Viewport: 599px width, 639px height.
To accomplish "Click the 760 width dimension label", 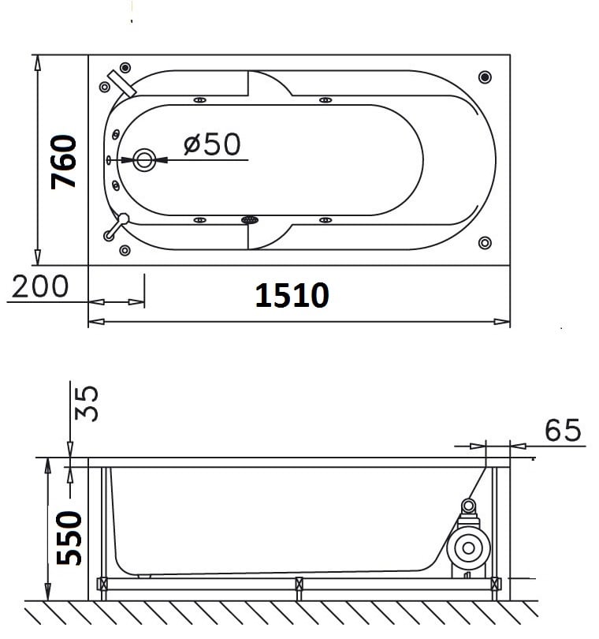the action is tap(63, 162).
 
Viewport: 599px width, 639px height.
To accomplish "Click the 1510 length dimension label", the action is tap(292, 295).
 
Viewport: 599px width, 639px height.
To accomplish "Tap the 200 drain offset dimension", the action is tap(40, 286).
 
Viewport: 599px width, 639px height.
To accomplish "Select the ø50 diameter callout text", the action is tap(212, 144).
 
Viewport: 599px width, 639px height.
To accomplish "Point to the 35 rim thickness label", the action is tap(87, 403).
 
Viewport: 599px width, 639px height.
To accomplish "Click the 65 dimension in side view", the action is tap(563, 430).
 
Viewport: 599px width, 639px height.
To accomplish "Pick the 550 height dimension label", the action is tap(69, 538).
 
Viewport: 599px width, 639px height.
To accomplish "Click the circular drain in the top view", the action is tap(144, 160).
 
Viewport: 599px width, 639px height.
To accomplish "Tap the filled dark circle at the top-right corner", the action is tap(485, 77).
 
